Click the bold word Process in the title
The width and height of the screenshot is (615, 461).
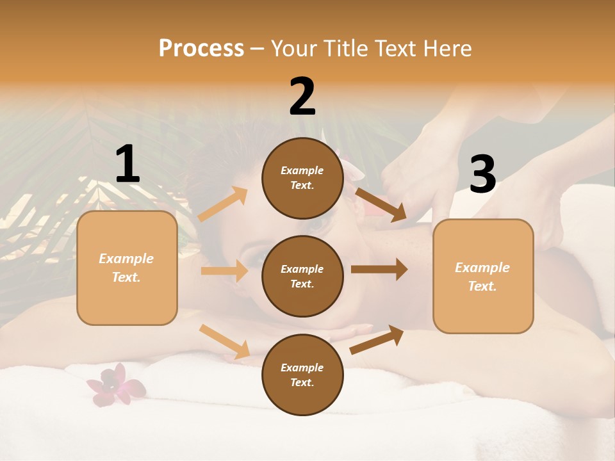point(201,48)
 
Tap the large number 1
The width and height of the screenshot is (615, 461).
point(127,164)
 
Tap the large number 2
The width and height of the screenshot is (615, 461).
point(302,96)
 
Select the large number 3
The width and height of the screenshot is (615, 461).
point(482,175)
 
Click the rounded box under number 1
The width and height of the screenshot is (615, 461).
point(127,268)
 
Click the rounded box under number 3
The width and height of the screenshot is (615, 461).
point(483,276)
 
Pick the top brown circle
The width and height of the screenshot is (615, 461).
point(302,178)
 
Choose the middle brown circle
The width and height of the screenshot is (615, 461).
point(302,276)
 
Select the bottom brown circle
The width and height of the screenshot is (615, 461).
point(302,375)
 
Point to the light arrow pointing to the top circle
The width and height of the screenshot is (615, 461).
point(223,204)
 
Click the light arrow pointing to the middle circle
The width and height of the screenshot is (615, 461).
point(224,271)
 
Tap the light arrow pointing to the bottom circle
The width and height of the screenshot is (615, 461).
point(224,341)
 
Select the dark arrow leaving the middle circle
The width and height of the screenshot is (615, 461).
point(379,270)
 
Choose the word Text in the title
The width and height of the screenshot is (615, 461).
point(393,48)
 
